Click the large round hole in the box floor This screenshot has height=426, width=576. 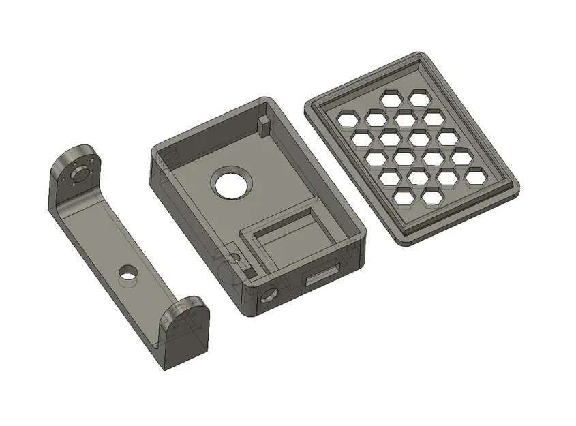pyautogui.click(x=231, y=183)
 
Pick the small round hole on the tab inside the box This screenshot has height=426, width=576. pyautogui.click(x=235, y=258)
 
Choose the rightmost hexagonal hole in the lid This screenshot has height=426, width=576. pyautogui.click(x=475, y=178)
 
